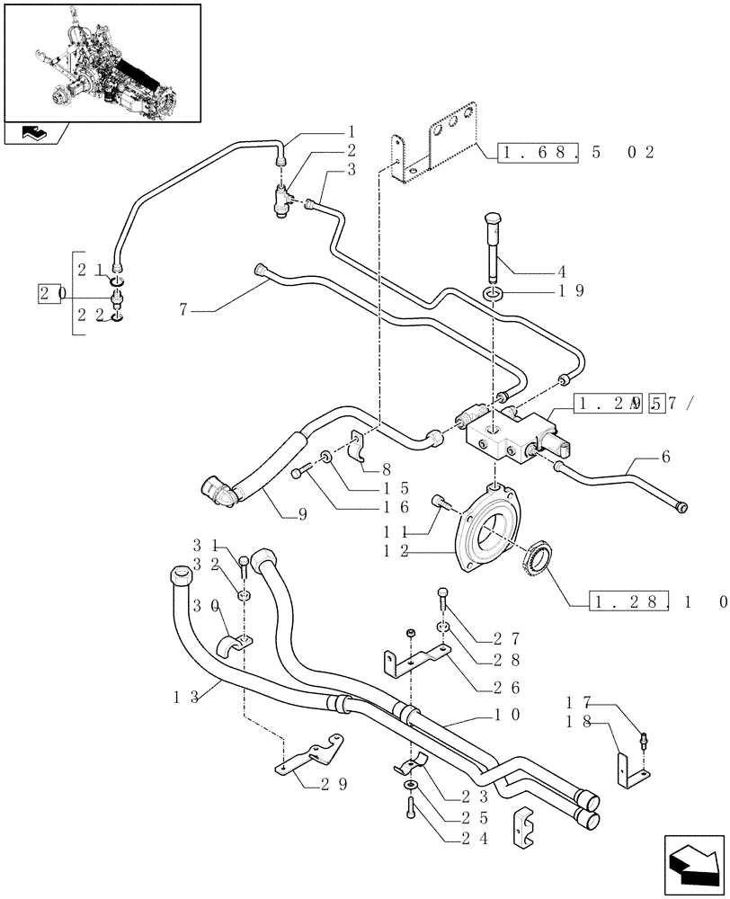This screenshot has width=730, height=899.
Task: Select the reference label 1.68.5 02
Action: click(x=574, y=153)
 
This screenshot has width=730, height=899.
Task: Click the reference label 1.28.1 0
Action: click(x=656, y=601)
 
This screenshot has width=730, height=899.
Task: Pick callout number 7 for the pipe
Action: click(x=184, y=311)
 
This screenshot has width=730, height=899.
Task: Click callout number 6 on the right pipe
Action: click(x=665, y=458)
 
